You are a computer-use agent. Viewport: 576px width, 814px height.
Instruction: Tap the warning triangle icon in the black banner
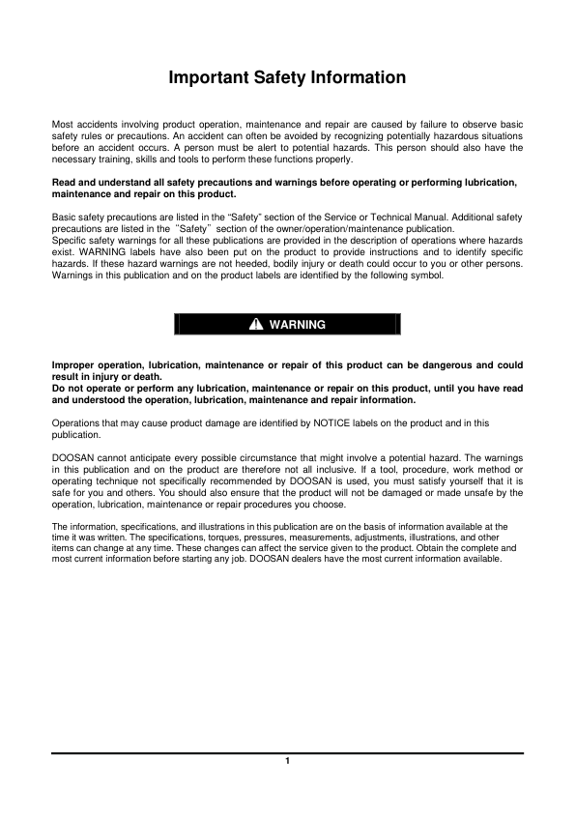tap(256, 325)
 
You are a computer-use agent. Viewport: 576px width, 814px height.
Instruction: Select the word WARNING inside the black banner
tap(298, 325)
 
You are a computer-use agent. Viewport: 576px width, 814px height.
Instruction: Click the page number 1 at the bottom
tap(287, 761)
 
